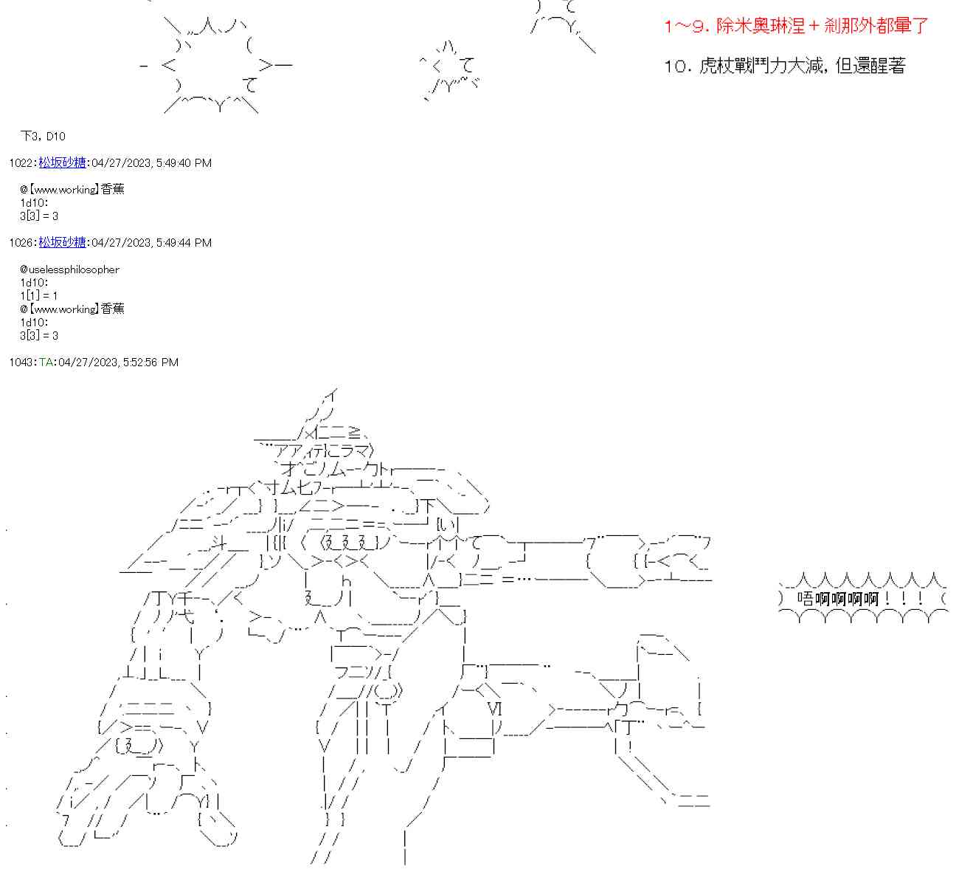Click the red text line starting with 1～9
click(x=795, y=27)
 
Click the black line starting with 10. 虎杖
click(x=784, y=66)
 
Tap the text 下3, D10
click(x=43, y=136)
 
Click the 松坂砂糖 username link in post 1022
click(x=62, y=162)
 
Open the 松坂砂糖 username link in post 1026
click(x=62, y=242)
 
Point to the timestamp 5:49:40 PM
click(x=184, y=162)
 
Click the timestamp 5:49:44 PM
click(x=184, y=242)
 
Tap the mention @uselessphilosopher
click(x=69, y=269)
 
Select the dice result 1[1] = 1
click(x=38, y=295)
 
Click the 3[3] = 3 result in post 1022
click(x=38, y=216)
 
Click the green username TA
click(x=46, y=362)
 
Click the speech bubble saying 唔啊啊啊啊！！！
click(x=861, y=597)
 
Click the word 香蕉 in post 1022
click(x=112, y=189)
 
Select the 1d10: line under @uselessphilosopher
click(x=34, y=282)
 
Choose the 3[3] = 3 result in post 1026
click(x=38, y=335)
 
